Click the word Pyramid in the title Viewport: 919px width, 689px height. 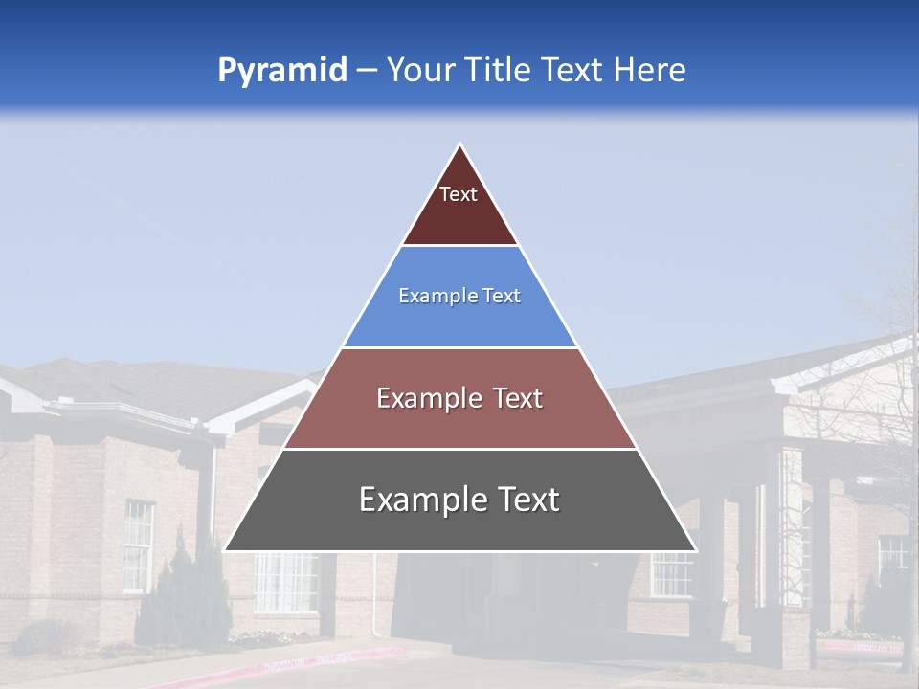[281, 71]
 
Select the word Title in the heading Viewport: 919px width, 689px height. [498, 70]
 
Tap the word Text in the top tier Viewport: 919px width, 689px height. [459, 194]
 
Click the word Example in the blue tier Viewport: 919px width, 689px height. [428, 296]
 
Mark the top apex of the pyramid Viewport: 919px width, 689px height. [460, 145]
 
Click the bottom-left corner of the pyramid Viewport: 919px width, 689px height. [225, 550]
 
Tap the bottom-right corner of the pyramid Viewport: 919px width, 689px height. [695, 550]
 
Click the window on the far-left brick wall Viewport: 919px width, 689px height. [138, 545]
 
